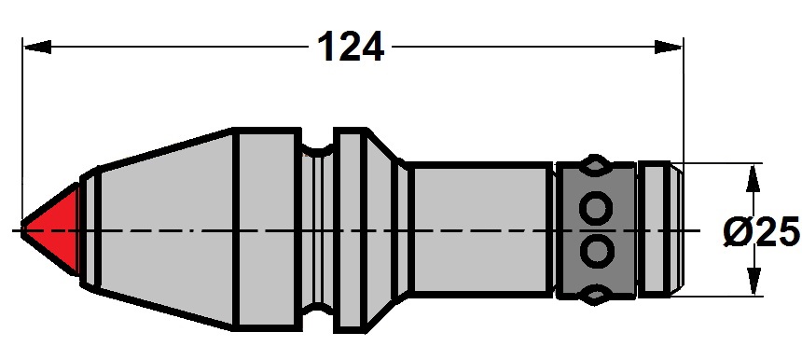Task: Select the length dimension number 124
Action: coord(351,47)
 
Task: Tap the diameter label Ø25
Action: coord(762,230)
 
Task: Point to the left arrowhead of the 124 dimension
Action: coord(37,47)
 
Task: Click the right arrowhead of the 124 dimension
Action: coord(669,47)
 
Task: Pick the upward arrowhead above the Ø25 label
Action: coord(752,178)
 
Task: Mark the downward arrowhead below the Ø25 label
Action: coord(753,282)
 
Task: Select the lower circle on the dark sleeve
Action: coord(596,251)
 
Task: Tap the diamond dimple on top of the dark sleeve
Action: coord(594,165)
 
